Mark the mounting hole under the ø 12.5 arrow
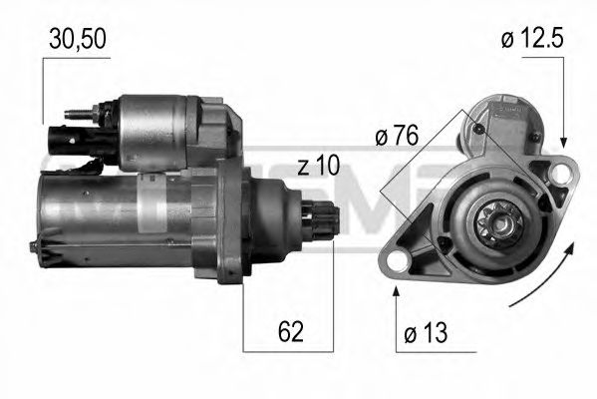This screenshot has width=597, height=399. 563,174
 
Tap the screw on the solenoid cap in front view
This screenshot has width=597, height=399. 479,128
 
